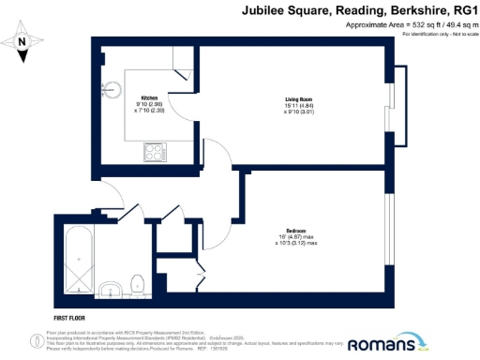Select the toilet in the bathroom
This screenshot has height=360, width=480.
(137, 280)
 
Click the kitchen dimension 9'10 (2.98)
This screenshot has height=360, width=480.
(149, 104)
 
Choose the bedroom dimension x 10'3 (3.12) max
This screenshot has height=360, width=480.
(296, 245)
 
